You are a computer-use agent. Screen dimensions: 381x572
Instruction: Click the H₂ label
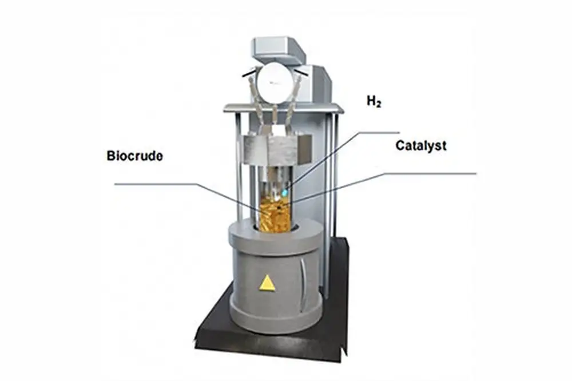[x=374, y=102]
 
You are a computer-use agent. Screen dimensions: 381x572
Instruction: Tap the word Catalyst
[x=420, y=145]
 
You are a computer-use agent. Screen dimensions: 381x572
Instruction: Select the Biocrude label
[x=134, y=156]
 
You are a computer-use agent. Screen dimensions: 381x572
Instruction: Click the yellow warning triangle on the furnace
[x=266, y=283]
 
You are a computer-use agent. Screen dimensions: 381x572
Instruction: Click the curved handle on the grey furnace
[x=303, y=277]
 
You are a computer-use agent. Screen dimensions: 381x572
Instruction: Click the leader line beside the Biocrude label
[x=154, y=184]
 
